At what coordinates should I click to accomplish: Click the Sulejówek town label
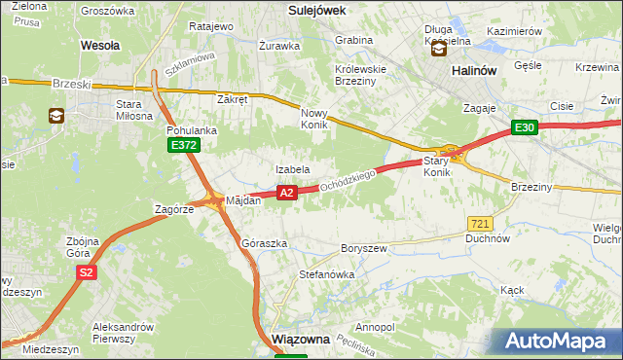click(x=317, y=9)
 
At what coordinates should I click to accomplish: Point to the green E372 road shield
click(x=183, y=145)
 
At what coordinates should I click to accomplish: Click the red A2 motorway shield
click(x=286, y=194)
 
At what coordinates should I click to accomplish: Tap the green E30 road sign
click(x=526, y=127)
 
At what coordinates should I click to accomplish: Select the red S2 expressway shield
click(x=87, y=272)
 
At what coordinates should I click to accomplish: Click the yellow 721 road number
click(x=479, y=223)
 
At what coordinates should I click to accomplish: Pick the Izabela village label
click(x=292, y=170)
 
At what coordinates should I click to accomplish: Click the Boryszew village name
click(x=364, y=248)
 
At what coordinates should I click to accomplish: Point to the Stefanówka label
click(x=326, y=275)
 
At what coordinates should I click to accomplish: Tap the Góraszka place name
click(x=264, y=243)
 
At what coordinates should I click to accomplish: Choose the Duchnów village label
click(x=488, y=237)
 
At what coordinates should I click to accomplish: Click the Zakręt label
click(x=234, y=99)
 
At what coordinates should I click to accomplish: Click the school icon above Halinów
click(x=440, y=47)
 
